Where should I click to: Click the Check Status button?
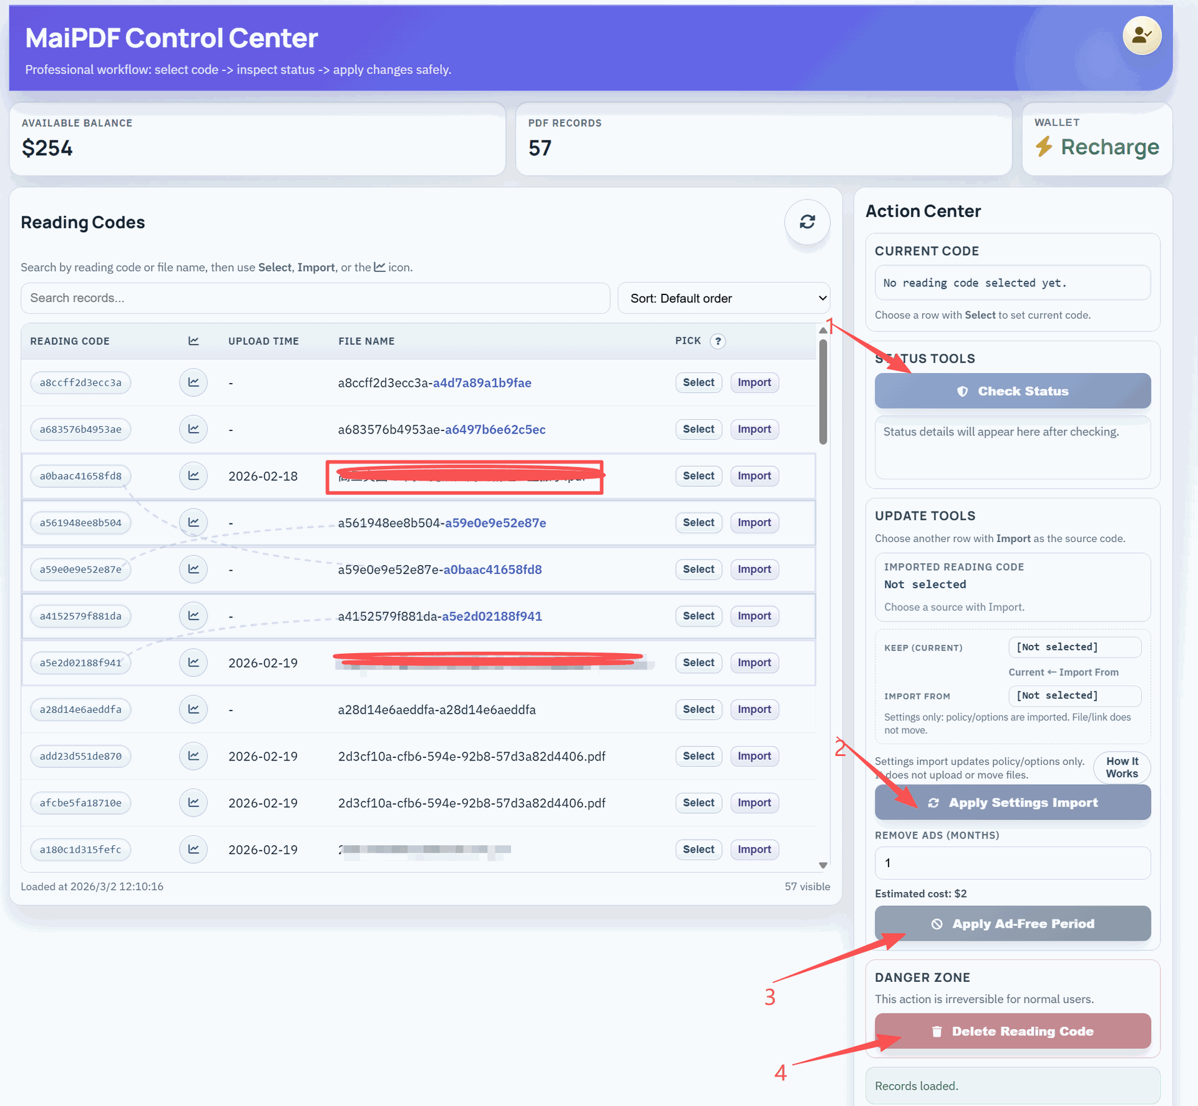coord(1012,391)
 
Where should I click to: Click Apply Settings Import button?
coord(1012,802)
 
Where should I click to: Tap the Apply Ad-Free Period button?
coord(1012,923)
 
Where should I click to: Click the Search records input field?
coord(315,298)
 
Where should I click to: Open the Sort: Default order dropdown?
coord(723,298)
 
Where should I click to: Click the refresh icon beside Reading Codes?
coord(807,222)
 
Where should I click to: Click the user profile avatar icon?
coord(1141,36)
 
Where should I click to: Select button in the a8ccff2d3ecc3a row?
coord(698,382)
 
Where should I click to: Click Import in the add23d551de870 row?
coord(754,756)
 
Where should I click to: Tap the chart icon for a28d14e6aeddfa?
coord(193,709)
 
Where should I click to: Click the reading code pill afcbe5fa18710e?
coord(80,803)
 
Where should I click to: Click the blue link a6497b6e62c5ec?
coord(495,429)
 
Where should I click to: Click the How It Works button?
coord(1121,767)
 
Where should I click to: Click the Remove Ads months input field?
coord(1012,863)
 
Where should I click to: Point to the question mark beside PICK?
coord(718,341)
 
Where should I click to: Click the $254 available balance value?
coord(47,148)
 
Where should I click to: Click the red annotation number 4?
coord(780,1073)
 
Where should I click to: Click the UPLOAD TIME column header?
coord(263,341)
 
